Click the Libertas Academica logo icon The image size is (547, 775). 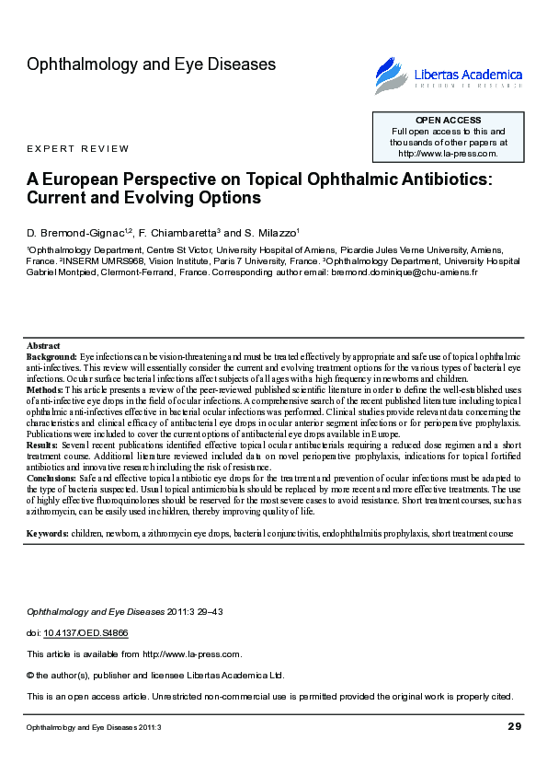coord(392,74)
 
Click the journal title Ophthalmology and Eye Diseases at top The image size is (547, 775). coord(152,64)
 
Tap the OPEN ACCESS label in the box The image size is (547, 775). coord(448,121)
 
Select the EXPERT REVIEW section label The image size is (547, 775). coord(78,149)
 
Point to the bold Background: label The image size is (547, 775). coord(51,355)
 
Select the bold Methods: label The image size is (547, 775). coord(45,390)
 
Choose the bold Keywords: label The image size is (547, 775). coord(48,533)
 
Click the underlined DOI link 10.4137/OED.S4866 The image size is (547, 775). coord(80,633)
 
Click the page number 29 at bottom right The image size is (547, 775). coord(514,727)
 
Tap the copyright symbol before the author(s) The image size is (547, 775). coord(31,675)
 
